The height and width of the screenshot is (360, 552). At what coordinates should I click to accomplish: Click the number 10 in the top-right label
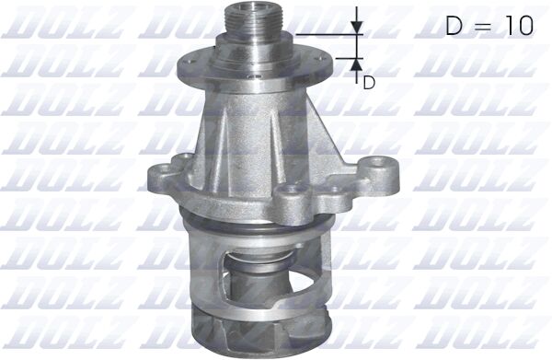[x=521, y=26]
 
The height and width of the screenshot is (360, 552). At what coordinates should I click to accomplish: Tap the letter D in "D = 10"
[x=454, y=26]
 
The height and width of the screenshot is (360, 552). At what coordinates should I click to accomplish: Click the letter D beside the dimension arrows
[x=369, y=83]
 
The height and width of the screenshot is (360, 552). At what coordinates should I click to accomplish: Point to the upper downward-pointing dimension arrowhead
[x=357, y=28]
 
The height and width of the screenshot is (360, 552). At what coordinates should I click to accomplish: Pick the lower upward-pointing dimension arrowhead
[x=357, y=64]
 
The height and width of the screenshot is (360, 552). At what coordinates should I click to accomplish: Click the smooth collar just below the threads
[x=253, y=50]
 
